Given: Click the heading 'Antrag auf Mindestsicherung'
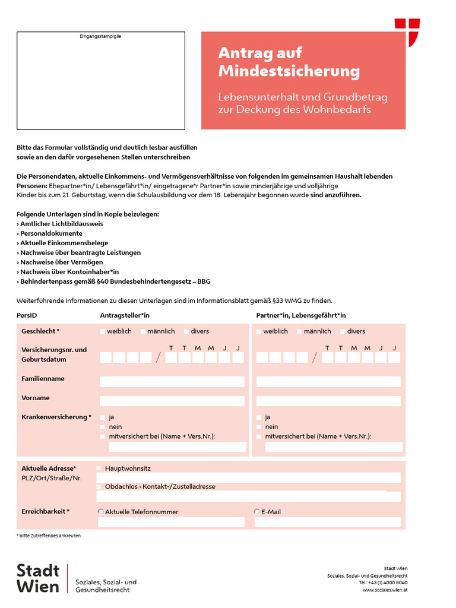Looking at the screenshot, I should click(289, 62).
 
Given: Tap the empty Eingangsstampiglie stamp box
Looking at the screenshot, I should click(100, 81).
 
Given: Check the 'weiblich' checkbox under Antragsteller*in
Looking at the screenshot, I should click(103, 331).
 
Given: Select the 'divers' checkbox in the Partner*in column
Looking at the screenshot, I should click(343, 331).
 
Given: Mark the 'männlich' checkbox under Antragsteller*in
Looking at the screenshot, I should click(143, 331).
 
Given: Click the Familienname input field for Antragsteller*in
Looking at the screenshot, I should click(172, 382).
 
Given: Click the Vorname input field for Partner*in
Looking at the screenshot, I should click(328, 401).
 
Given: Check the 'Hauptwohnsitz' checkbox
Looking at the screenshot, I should click(99, 468).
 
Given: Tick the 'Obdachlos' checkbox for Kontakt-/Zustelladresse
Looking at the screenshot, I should click(99, 487).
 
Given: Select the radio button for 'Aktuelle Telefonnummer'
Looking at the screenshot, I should click(101, 511).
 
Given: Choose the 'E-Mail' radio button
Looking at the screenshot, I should click(257, 511).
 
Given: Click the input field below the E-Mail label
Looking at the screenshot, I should click(328, 522).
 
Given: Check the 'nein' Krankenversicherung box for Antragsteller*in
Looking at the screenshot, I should click(103, 427).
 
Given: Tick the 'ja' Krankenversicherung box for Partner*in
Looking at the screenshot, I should click(259, 417).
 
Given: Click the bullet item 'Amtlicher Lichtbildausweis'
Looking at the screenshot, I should click(61, 224).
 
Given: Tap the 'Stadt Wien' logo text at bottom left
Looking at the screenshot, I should click(38, 578).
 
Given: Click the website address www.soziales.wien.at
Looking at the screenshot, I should click(385, 590).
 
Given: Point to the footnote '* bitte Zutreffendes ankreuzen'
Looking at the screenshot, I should click(48, 536).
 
